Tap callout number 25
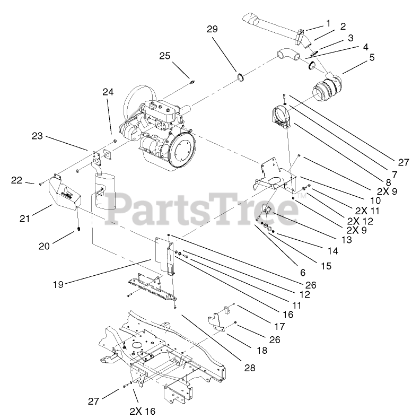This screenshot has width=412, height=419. point(164,55)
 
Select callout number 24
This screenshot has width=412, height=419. point(108,92)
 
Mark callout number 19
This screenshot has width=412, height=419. point(58,284)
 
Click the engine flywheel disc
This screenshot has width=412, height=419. point(181,150)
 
